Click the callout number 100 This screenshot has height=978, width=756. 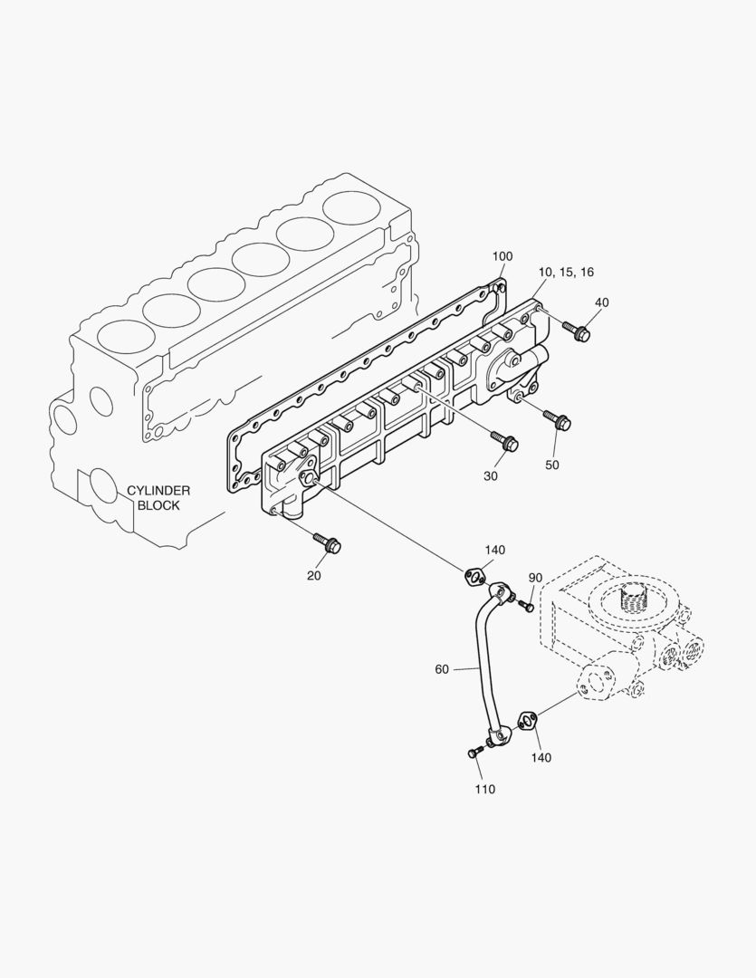point(502,257)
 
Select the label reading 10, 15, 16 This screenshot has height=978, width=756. point(566,272)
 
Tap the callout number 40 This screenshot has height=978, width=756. point(602,302)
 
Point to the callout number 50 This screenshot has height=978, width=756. point(552,465)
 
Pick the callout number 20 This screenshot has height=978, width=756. point(313,575)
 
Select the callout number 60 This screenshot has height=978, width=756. point(442,669)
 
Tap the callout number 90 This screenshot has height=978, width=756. point(535,578)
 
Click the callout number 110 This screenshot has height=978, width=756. point(484,789)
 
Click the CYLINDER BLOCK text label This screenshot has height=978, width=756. point(158,498)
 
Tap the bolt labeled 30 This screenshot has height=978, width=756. point(503,441)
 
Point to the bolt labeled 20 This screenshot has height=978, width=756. point(326,543)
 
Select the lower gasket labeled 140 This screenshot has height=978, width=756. point(527,721)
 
